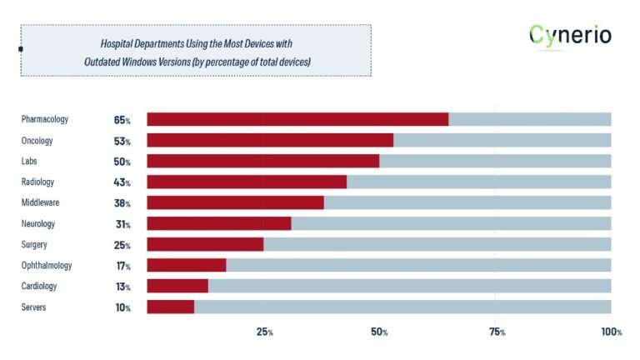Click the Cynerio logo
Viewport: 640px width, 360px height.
[x=570, y=36]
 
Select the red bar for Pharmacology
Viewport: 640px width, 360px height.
[x=297, y=119]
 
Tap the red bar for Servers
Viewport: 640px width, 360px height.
[x=170, y=307]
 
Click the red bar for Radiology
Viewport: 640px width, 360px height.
[x=247, y=182]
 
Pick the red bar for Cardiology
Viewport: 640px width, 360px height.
[x=177, y=286]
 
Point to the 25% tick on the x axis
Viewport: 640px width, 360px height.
[x=264, y=332]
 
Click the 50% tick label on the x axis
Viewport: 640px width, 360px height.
[x=380, y=332]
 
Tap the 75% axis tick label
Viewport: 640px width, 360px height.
[x=497, y=332]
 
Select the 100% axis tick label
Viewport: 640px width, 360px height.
[x=611, y=332]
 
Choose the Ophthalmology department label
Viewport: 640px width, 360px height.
[x=47, y=265]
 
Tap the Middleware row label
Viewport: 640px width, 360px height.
[x=42, y=202]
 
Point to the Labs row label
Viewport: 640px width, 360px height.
[x=30, y=161]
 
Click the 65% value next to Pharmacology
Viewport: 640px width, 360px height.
[x=122, y=120]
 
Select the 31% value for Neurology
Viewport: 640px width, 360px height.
[x=122, y=224]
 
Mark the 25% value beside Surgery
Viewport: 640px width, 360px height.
[x=122, y=245]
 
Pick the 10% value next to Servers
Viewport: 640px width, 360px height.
[x=122, y=307]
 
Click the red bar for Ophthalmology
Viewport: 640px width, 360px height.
[x=187, y=265]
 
